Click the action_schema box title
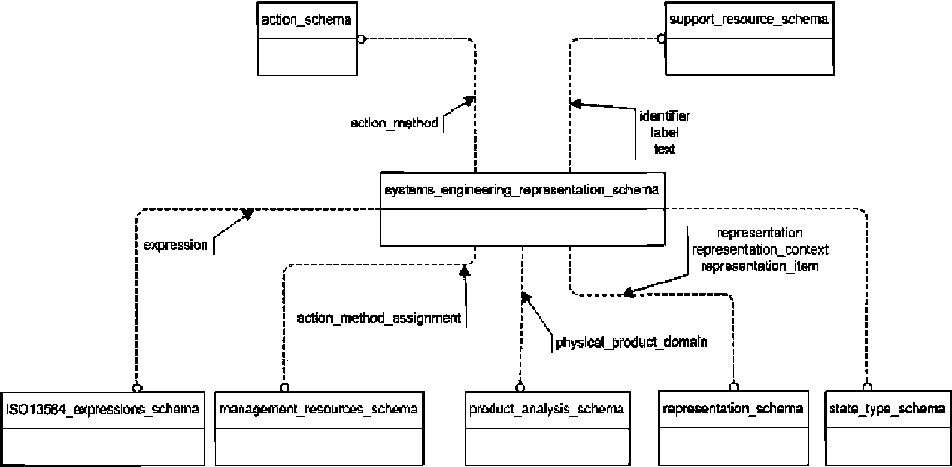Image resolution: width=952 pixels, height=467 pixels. [307, 20]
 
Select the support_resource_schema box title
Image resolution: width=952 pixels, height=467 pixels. [748, 20]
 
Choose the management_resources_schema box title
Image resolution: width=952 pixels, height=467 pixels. [319, 409]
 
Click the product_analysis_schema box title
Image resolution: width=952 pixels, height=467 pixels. [547, 409]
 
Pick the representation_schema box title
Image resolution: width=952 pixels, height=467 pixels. [733, 408]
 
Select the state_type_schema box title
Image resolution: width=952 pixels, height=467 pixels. [887, 409]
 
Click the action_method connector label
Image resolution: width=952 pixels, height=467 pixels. [395, 123]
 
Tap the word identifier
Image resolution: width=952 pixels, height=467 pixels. [665, 116]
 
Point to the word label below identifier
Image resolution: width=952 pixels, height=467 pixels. [665, 133]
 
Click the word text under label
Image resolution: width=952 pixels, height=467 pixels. [665, 149]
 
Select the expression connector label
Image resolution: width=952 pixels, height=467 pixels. [175, 245]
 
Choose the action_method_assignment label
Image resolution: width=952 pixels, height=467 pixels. [379, 318]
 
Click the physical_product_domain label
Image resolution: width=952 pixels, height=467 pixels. [632, 343]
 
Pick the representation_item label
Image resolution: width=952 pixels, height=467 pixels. [759, 267]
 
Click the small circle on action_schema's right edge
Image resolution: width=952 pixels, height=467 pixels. [361, 39]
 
